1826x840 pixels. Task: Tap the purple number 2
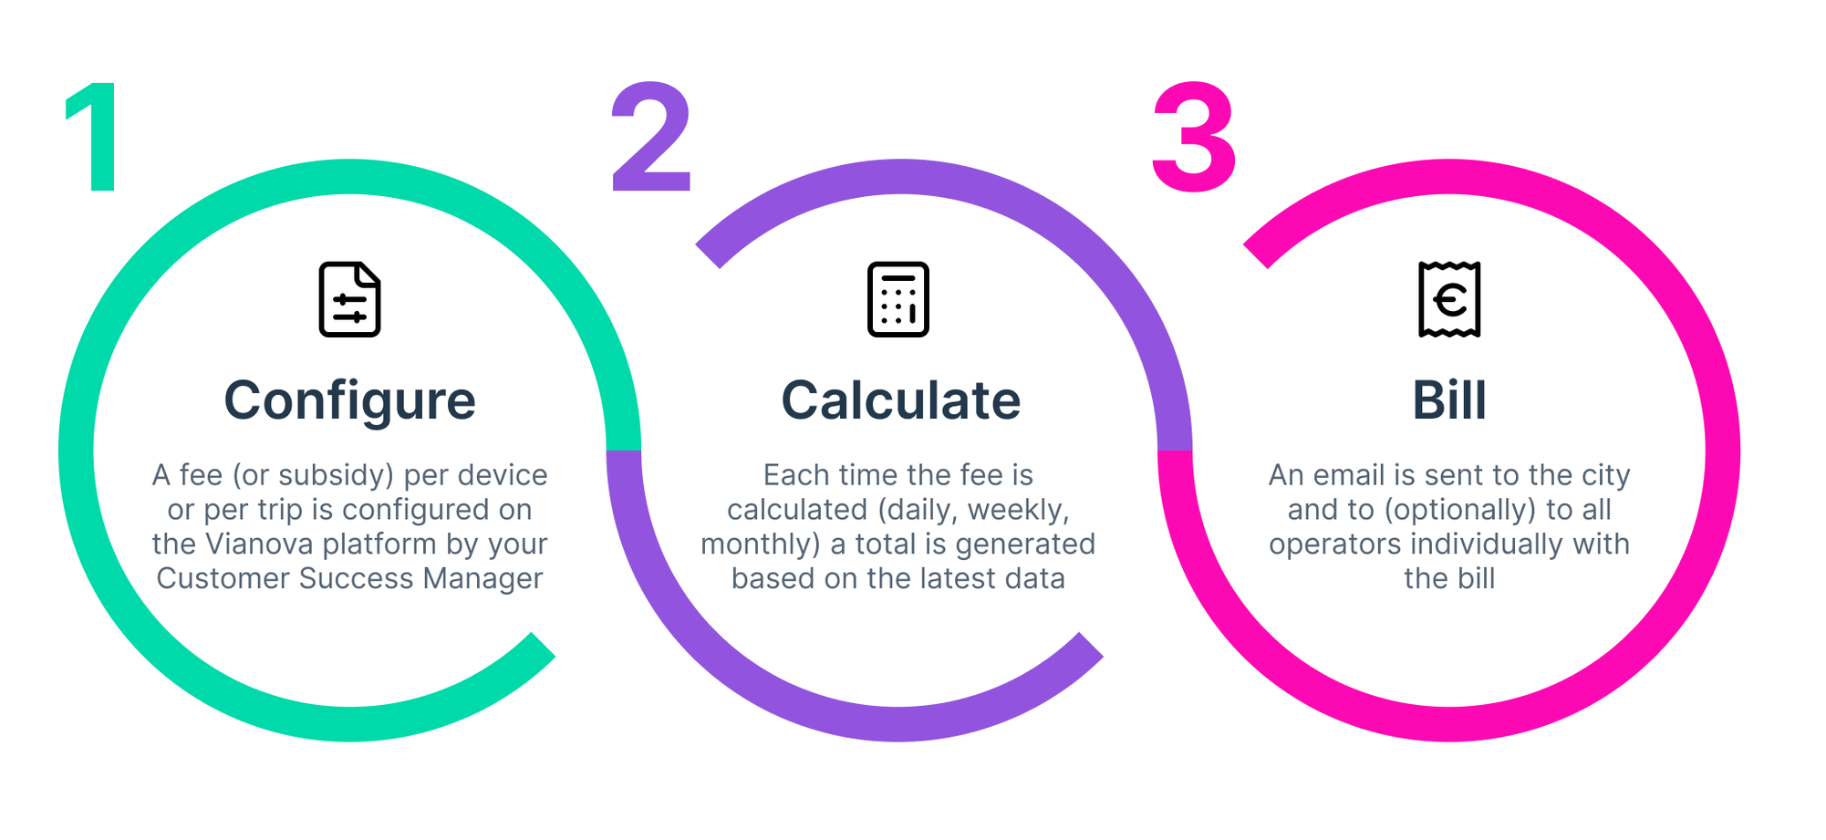pyautogui.click(x=651, y=137)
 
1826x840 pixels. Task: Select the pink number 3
pyautogui.click(x=1194, y=138)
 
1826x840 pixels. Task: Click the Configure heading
pyautogui.click(x=350, y=401)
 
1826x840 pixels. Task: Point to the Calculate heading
pyautogui.click(x=900, y=400)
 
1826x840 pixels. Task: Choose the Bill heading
pyautogui.click(x=1449, y=400)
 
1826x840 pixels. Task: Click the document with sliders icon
pyautogui.click(x=350, y=299)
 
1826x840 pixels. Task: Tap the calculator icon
pyautogui.click(x=898, y=299)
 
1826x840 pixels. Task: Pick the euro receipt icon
pyautogui.click(x=1449, y=299)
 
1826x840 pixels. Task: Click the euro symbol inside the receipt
pyautogui.click(x=1449, y=299)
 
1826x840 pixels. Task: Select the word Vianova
pyautogui.click(x=259, y=544)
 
